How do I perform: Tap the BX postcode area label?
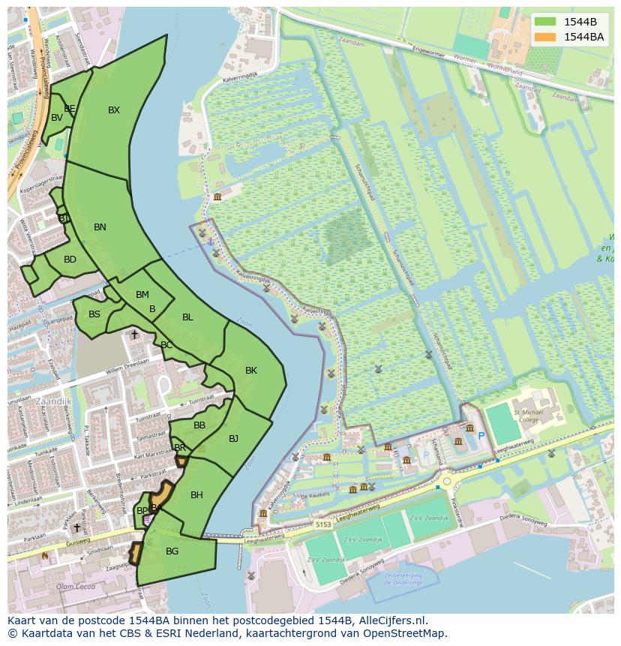point(114,110)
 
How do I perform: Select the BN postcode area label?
point(100,227)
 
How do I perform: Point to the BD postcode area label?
point(70,260)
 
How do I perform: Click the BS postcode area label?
point(94,314)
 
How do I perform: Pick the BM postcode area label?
point(142,295)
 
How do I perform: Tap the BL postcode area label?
point(187,317)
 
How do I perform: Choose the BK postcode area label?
point(251,371)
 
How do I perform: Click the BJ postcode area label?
point(233,439)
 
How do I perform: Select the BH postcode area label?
point(196,495)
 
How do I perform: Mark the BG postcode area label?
point(172,551)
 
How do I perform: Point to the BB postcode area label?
point(199,425)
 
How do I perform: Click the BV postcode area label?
point(57,118)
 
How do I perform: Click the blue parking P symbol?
point(481,436)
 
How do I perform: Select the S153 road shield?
point(323,524)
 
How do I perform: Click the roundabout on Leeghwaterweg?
point(448,482)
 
